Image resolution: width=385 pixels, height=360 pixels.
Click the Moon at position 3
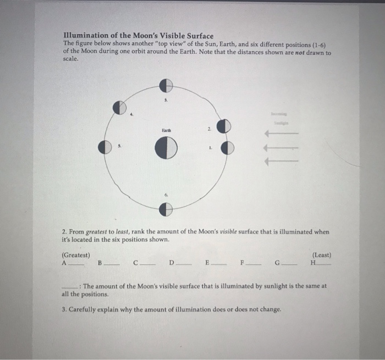(x=166, y=85)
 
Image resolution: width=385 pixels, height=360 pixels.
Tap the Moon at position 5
(x=105, y=147)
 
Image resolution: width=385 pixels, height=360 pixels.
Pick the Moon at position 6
(x=166, y=209)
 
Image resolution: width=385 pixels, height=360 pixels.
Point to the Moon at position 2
(x=223, y=127)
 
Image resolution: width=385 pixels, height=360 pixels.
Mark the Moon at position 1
(x=227, y=148)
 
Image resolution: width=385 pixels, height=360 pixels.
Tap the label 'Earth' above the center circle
(x=166, y=130)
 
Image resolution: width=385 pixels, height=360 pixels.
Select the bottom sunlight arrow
(x=282, y=161)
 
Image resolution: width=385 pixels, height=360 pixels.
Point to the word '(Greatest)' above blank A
(x=76, y=255)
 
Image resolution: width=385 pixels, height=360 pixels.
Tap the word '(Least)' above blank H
(x=321, y=255)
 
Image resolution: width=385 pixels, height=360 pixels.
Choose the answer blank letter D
(x=172, y=263)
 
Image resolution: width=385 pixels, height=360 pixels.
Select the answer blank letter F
(x=242, y=263)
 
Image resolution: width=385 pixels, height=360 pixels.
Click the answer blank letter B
(x=100, y=263)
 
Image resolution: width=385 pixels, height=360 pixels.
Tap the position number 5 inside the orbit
(x=120, y=147)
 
